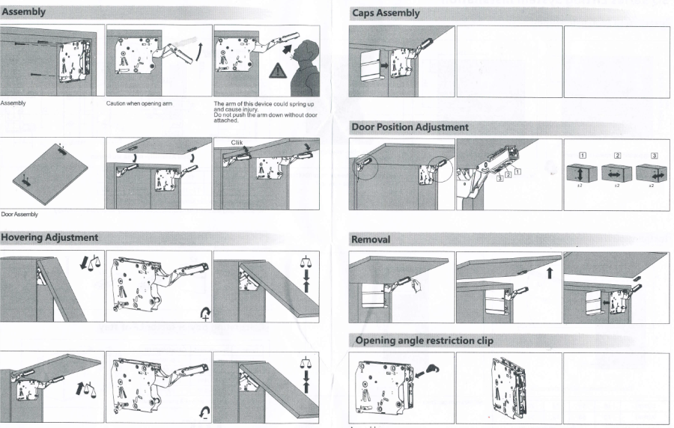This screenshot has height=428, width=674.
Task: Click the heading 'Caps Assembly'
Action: pos(386,13)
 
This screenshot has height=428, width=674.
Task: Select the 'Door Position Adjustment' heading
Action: pos(410,127)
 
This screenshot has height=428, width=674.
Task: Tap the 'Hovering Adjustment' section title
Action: pos(49,237)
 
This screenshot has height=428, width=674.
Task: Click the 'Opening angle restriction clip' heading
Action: pos(424,340)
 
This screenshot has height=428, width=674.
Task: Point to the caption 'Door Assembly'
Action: pos(19,215)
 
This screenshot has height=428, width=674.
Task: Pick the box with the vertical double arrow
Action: pos(580,173)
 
